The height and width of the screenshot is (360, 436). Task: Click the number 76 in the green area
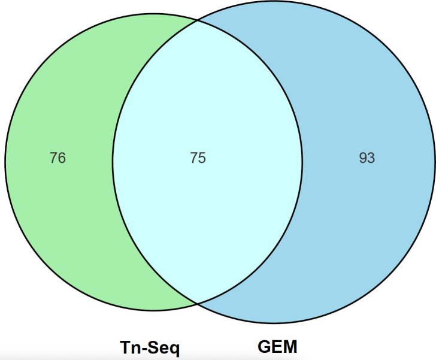click(x=58, y=158)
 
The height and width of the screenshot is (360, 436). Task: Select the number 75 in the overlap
click(x=198, y=158)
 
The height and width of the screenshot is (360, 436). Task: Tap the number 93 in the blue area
click(x=367, y=158)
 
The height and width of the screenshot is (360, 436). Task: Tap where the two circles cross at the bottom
click(x=198, y=304)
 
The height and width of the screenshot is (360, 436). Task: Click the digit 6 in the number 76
click(x=62, y=158)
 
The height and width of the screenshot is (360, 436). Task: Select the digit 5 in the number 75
click(x=202, y=158)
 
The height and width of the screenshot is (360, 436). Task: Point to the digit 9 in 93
click(x=362, y=158)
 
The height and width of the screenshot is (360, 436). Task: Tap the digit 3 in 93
click(x=371, y=158)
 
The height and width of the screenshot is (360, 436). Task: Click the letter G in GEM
click(x=264, y=346)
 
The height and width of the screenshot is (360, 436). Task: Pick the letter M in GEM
click(x=290, y=346)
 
